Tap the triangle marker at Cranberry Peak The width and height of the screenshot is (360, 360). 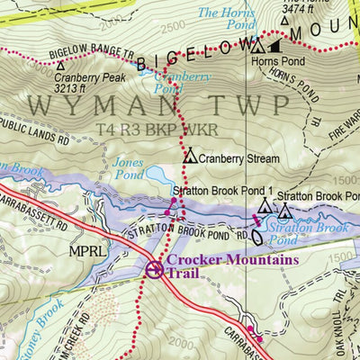point(60,66)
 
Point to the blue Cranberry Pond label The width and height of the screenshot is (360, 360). point(176,82)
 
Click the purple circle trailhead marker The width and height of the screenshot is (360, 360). point(154,267)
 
